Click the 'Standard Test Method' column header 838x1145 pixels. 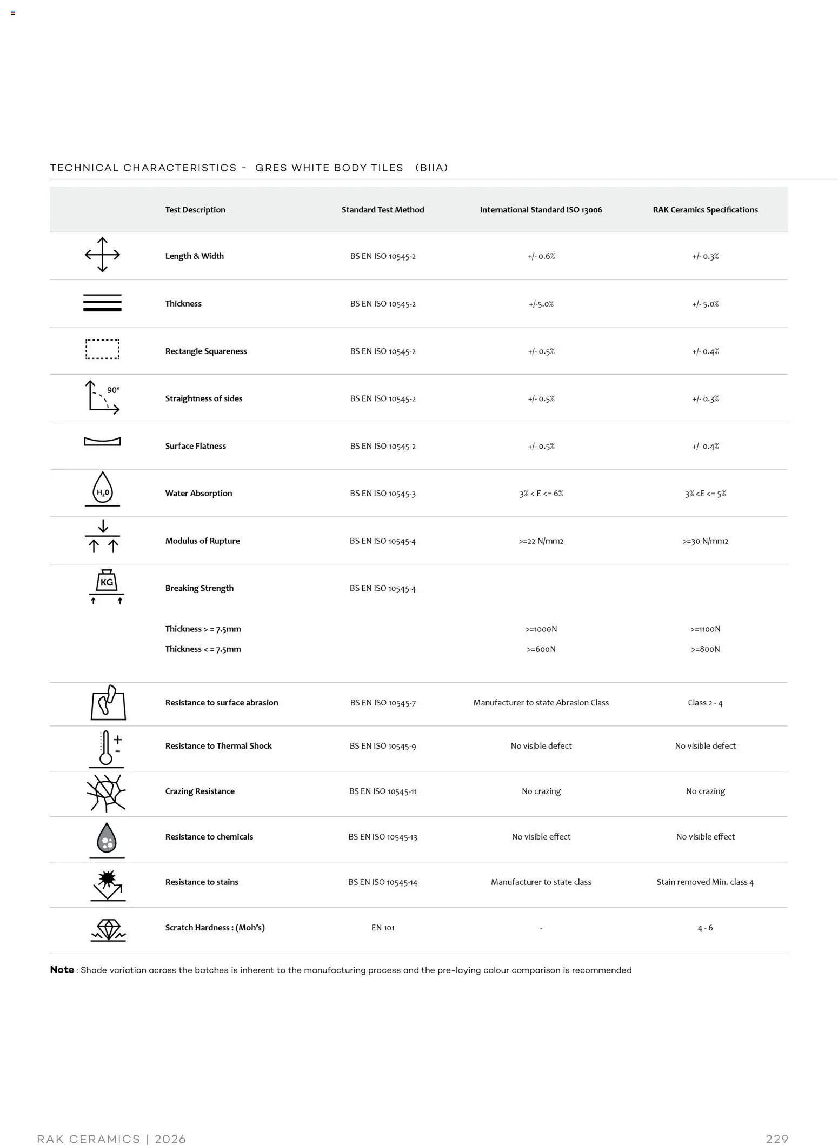382,210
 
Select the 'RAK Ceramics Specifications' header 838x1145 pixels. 705,210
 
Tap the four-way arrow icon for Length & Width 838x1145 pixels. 102,255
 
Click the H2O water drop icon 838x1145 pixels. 102,488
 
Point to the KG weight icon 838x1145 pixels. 107,582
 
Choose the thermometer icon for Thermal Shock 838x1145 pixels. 107,748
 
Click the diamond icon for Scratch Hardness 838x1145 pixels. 108,930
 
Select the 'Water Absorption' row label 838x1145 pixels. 198,493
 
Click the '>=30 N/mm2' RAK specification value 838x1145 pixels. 705,541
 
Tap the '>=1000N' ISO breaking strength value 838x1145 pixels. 541,629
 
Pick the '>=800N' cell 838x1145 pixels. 705,649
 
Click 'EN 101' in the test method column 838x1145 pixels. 383,928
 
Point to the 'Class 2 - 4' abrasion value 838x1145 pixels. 705,703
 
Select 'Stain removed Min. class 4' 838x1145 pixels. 705,882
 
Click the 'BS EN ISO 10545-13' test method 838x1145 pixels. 383,837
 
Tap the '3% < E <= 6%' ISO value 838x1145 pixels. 541,494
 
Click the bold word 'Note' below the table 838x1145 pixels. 62,969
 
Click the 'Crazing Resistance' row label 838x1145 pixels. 199,791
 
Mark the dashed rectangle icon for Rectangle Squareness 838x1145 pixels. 102,349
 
